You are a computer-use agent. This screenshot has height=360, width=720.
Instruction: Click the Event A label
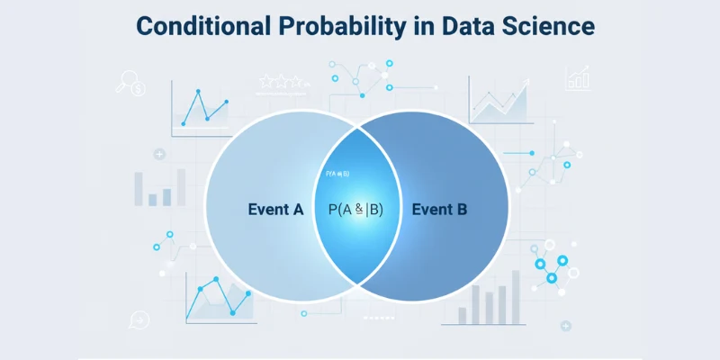(275, 210)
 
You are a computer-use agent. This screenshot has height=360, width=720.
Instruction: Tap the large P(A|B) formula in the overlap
(355, 210)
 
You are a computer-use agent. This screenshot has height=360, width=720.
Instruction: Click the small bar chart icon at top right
(577, 79)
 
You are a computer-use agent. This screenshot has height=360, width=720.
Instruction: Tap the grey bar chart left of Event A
(153, 188)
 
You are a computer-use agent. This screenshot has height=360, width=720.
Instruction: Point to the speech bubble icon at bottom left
(139, 318)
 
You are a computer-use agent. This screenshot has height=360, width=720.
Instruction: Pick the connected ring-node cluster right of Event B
(551, 267)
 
